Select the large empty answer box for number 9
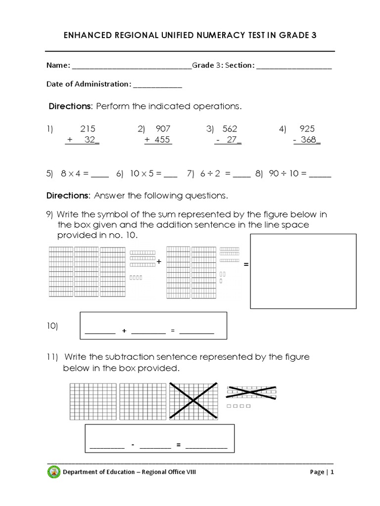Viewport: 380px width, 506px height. coord(303,271)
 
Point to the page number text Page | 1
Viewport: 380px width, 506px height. coord(322,472)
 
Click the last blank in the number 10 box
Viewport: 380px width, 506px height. coord(196,332)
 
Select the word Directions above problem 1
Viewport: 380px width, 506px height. coord(70,106)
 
